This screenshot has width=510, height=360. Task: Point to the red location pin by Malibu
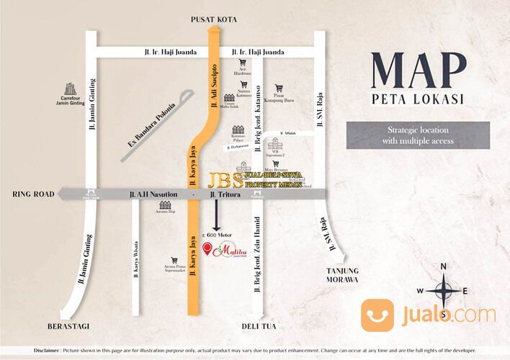click(x=208, y=250)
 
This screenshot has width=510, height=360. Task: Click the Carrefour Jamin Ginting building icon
click(x=71, y=89)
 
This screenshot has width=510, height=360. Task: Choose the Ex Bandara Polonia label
click(x=152, y=122)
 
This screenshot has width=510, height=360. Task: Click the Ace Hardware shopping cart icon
click(x=243, y=63)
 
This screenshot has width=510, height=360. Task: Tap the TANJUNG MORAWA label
click(x=339, y=275)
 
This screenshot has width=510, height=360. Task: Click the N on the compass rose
click(x=444, y=266)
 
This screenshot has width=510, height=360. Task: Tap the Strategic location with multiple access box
click(x=417, y=135)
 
